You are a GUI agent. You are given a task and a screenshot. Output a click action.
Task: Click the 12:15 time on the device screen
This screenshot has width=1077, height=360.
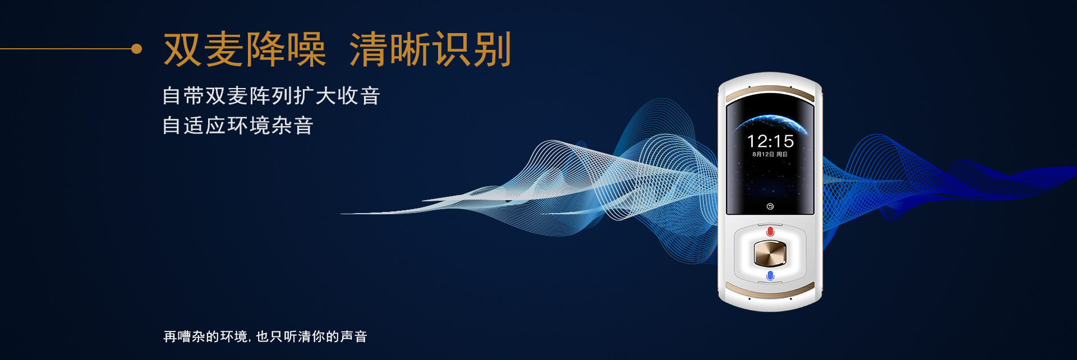tap(770, 141)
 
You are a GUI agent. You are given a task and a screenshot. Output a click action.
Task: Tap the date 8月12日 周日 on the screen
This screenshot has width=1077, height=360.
tap(770, 154)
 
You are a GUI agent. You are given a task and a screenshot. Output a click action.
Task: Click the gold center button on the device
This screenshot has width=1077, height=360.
tap(770, 253)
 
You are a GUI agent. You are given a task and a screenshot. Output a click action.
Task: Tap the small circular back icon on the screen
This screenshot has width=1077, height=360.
tap(770, 206)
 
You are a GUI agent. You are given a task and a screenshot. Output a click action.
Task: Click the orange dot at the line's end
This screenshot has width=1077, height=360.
tap(136, 49)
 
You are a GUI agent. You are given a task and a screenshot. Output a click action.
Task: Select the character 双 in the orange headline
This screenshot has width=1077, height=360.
tap(182, 49)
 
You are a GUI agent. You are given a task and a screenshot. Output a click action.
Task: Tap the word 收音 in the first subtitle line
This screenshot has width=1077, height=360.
tap(358, 96)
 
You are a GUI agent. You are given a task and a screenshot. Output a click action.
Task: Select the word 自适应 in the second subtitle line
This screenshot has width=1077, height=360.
tap(194, 126)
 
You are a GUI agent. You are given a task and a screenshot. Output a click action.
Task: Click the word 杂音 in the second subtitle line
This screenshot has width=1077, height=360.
tap(292, 126)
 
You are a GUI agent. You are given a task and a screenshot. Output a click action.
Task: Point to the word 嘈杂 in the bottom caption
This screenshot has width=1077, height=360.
tap(191, 336)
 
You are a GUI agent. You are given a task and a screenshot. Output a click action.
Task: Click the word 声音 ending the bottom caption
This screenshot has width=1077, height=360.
tap(353, 336)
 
